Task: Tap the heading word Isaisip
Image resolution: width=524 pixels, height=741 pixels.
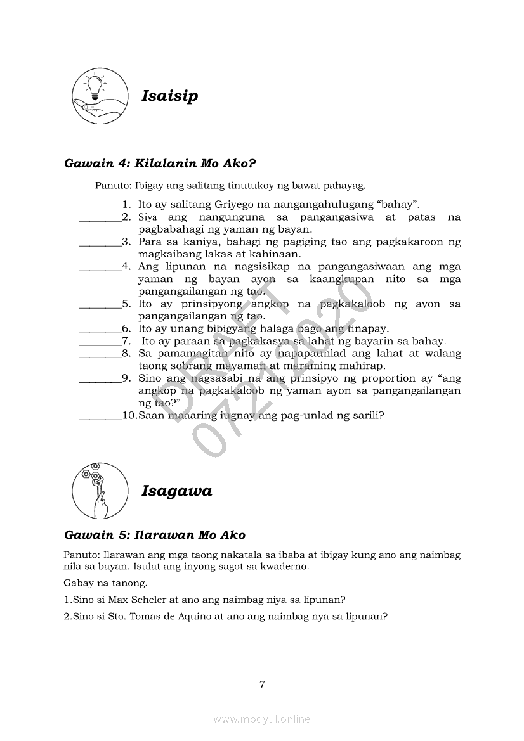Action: pos(169,96)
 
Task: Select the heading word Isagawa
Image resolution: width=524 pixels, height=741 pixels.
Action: pos(176,491)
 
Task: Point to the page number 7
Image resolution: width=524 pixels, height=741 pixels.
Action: pos(262,684)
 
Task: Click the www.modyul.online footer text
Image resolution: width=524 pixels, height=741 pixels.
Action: pos(262,719)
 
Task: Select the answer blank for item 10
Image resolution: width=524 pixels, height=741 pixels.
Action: pos(100,417)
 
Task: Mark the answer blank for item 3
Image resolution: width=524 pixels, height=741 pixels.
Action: pos(100,243)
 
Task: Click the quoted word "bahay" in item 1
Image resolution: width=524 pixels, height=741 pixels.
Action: pos(397,204)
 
